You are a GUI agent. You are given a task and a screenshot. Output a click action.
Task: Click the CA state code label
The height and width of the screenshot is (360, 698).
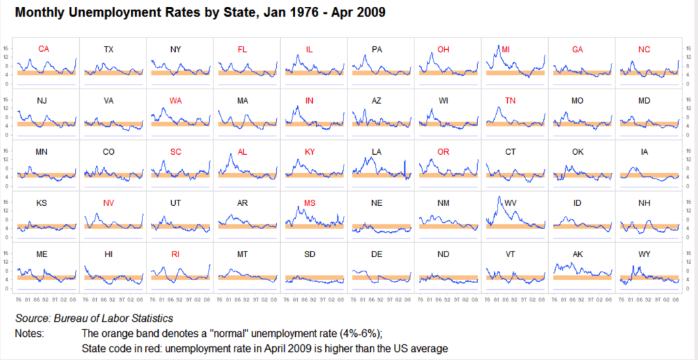(x=44, y=49)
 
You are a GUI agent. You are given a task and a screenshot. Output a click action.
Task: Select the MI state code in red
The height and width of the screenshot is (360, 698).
(x=506, y=49)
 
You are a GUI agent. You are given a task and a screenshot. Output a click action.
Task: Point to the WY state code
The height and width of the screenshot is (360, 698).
(x=644, y=254)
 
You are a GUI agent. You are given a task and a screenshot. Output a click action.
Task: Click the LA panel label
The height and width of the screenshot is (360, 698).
(x=376, y=151)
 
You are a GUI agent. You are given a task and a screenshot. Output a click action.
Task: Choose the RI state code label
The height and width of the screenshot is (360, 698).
(x=176, y=254)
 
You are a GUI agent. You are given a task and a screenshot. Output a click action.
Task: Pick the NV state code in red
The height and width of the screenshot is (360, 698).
(x=109, y=202)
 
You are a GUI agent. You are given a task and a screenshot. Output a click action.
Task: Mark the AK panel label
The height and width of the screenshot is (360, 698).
(x=577, y=254)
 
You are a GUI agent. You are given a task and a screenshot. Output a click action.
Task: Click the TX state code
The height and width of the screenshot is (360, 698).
(x=109, y=49)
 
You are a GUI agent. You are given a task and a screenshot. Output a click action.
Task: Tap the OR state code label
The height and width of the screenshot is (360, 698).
(x=443, y=151)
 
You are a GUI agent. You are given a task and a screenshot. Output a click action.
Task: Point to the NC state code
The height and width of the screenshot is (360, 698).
(x=644, y=49)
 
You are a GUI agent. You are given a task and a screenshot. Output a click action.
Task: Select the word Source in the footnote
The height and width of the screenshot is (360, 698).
(x=32, y=318)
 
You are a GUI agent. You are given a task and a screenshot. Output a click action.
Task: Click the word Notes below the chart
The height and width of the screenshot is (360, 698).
(x=29, y=333)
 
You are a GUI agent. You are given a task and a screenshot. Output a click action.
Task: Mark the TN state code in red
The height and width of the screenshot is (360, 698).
(x=510, y=100)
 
